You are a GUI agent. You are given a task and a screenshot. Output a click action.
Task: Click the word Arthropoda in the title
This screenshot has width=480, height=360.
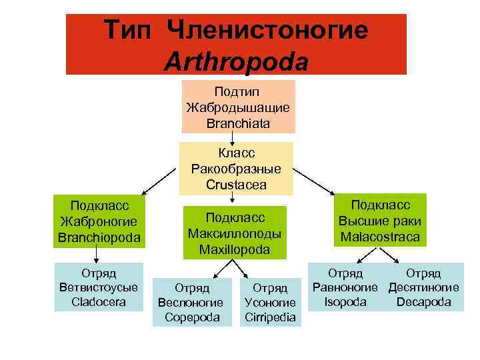pyautogui.click(x=237, y=62)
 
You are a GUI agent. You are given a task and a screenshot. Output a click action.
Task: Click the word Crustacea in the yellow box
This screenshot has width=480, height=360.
pyautogui.click(x=236, y=184)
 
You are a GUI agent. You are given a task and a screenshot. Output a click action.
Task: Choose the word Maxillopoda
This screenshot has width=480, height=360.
pyautogui.click(x=235, y=249)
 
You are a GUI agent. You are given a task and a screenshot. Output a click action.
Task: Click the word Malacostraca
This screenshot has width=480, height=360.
pyautogui.click(x=380, y=237)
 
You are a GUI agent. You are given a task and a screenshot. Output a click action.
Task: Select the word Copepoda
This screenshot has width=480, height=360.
pyautogui.click(x=192, y=317)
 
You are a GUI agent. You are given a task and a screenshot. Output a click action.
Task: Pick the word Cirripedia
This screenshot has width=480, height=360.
pyautogui.click(x=270, y=317)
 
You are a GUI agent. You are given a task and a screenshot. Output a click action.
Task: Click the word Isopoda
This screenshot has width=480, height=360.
pyautogui.click(x=345, y=302)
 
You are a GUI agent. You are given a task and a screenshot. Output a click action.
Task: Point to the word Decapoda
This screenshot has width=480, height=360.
pyautogui.click(x=423, y=302)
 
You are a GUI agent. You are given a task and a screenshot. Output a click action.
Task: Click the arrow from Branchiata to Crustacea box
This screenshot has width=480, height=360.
pyautogui.click(x=232, y=137)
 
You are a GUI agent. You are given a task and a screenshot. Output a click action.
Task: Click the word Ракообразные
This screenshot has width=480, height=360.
pyautogui.click(x=236, y=169)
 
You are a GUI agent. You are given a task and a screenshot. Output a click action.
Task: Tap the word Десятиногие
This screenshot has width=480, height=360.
pyautogui.click(x=423, y=287)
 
